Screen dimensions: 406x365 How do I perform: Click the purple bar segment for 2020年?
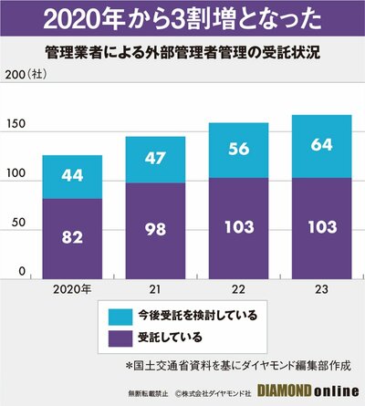point(72,237)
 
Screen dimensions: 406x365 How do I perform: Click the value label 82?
point(72,235)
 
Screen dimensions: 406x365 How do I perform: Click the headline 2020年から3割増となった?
point(182,17)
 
